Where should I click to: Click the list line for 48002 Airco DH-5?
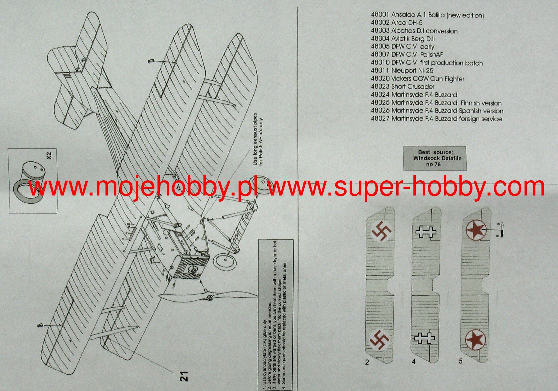point(397,23)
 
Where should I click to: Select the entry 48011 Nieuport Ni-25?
point(402,71)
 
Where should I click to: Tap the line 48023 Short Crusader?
point(402,87)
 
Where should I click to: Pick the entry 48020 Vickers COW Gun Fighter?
point(417,79)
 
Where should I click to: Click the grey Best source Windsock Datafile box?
point(435,158)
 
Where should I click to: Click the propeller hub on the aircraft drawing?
point(210,298)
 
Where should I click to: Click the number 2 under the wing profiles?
point(367,362)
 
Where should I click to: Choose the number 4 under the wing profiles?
point(414,361)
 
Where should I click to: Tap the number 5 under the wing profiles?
point(460,361)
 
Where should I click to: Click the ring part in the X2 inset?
point(27,191)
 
